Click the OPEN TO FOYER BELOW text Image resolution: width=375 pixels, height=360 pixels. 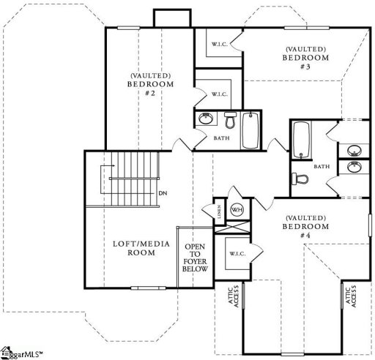point(196,258)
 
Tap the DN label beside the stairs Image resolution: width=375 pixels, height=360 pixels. point(163,194)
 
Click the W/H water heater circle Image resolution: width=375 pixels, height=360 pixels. point(237,210)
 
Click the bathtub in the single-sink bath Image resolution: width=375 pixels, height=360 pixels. point(250,130)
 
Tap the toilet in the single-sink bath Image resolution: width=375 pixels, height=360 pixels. point(229,120)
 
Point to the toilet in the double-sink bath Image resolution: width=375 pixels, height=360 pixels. point(299,178)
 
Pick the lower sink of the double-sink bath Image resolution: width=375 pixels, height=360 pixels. point(353,166)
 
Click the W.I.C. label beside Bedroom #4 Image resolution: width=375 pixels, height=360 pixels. point(237,254)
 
